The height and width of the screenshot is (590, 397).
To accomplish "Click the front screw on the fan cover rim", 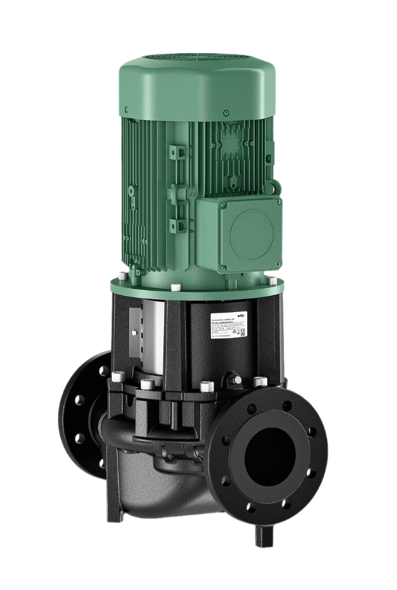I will pos(163,114).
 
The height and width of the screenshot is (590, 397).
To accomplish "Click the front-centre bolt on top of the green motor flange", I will pos(177,287).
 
